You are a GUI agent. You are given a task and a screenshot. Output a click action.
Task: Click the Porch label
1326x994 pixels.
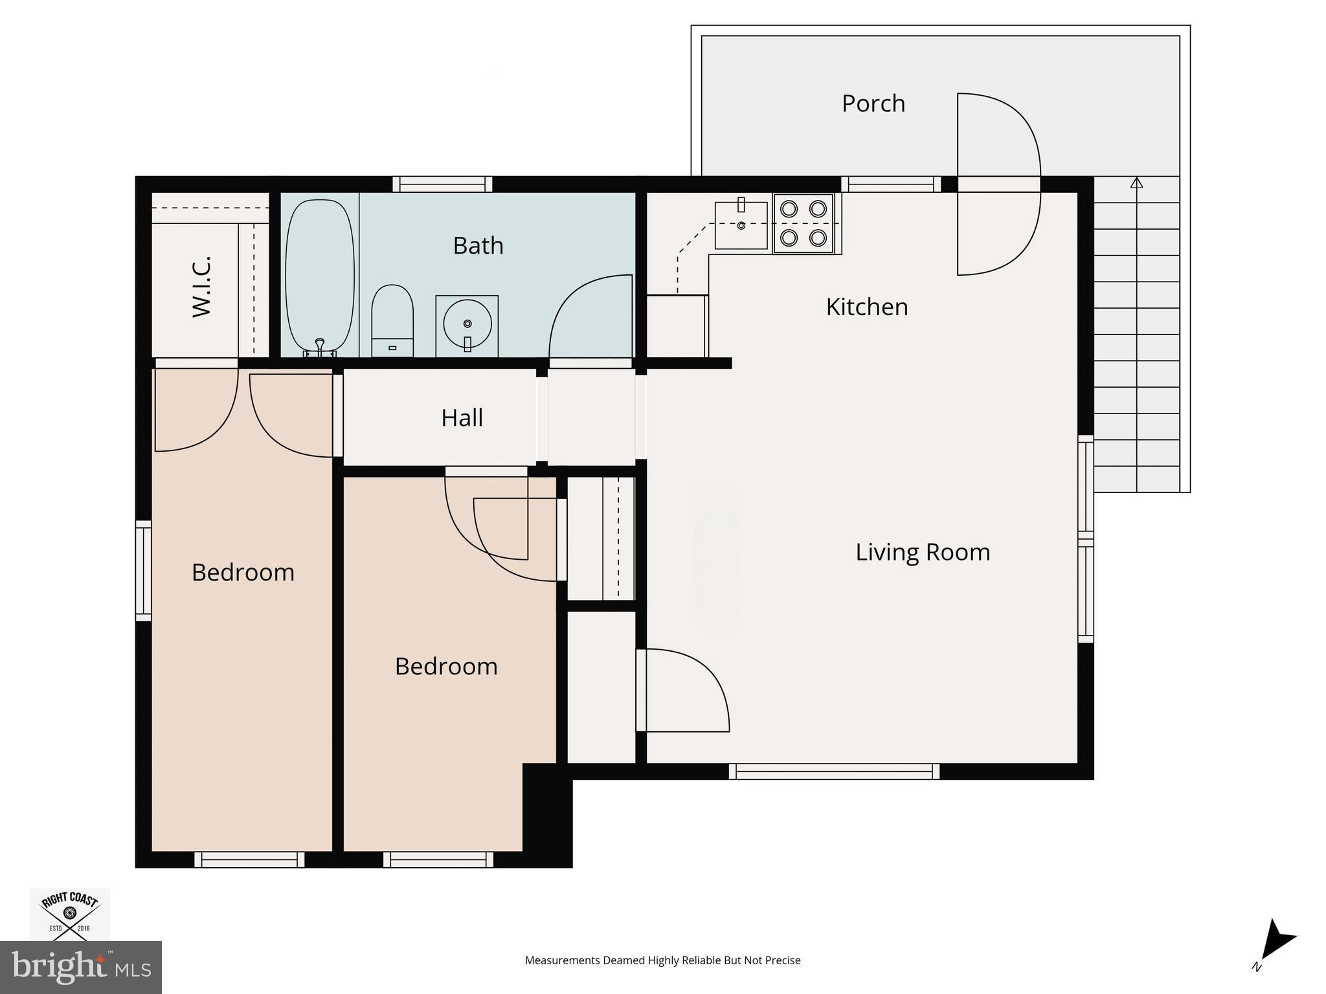click(x=873, y=104)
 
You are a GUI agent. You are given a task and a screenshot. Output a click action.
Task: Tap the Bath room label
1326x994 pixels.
click(x=478, y=245)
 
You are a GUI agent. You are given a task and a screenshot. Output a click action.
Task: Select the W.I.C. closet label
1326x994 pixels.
click(x=202, y=287)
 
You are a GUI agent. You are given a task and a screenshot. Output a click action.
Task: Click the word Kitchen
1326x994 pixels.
click(x=867, y=307)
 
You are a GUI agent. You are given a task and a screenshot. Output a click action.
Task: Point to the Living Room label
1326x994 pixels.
click(x=923, y=552)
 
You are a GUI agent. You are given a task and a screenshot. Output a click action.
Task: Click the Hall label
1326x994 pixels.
click(x=462, y=418)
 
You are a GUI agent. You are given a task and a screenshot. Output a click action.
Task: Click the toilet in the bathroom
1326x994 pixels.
click(x=392, y=320)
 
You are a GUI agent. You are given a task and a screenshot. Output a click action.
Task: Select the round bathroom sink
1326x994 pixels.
click(x=467, y=323)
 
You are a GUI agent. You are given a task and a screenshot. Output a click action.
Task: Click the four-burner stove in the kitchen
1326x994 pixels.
click(x=803, y=223)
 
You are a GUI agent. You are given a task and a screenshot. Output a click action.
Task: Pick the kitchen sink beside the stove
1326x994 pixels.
click(x=741, y=224)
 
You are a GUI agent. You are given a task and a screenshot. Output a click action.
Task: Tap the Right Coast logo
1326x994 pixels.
click(x=70, y=913)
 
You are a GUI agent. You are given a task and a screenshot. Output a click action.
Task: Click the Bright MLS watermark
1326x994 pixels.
click(x=81, y=967)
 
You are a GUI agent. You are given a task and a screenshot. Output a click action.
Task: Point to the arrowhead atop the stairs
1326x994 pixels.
click(x=1136, y=182)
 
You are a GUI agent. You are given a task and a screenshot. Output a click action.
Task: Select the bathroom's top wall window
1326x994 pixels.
click(x=443, y=184)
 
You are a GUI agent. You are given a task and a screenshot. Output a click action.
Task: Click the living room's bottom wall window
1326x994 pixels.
click(x=834, y=771)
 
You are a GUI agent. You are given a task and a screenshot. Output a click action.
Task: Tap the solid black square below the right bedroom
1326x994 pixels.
click(x=547, y=815)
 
